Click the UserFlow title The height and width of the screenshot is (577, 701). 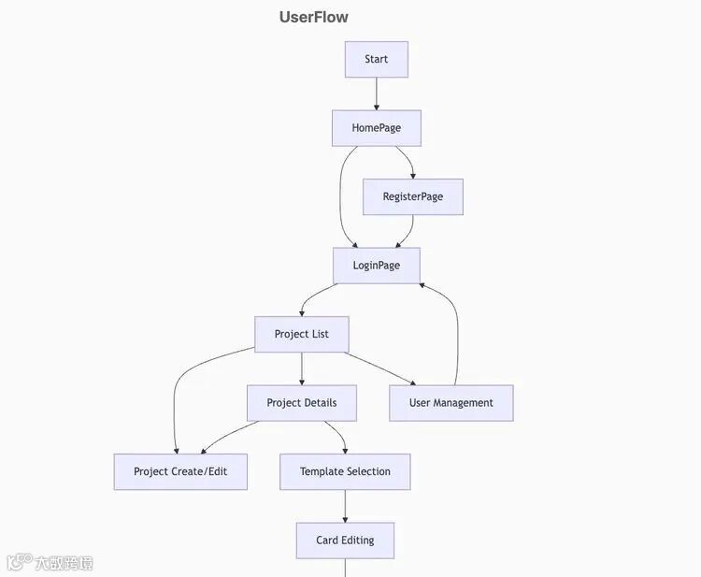(x=313, y=17)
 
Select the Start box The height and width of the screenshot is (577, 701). (x=376, y=59)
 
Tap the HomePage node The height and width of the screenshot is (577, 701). (x=376, y=128)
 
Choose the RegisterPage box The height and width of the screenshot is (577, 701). (x=412, y=196)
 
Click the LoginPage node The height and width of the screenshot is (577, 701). (x=376, y=266)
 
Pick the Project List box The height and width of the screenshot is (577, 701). (x=301, y=334)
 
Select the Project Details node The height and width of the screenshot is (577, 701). (x=301, y=403)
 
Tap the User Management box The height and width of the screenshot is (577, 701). (x=451, y=403)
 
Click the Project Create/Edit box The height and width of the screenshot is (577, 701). (x=180, y=471)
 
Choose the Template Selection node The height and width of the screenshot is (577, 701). (x=345, y=471)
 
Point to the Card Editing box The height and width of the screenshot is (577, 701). (x=345, y=541)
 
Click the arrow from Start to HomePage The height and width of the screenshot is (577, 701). (x=377, y=94)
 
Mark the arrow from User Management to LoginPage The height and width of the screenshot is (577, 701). (x=456, y=327)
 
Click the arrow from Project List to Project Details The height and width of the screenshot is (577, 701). (x=301, y=368)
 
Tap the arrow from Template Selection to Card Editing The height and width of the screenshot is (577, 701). (x=345, y=506)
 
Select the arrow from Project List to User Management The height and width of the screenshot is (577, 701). (x=379, y=368)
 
